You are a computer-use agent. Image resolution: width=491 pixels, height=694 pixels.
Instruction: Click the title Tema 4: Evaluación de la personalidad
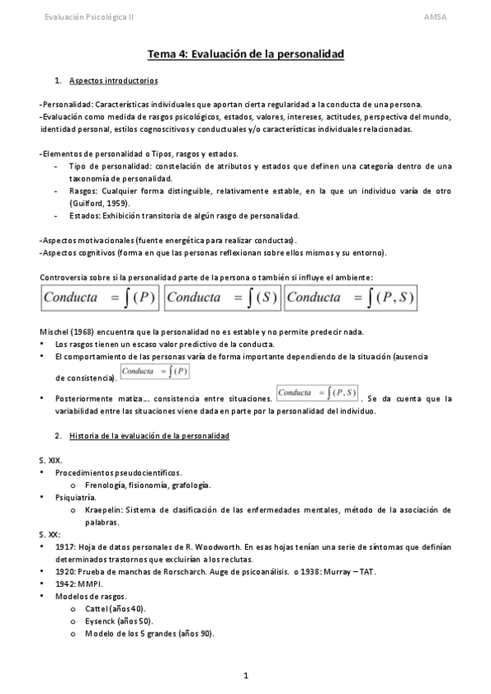[245, 54]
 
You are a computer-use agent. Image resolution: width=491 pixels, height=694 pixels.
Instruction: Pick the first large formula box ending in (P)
[99, 298]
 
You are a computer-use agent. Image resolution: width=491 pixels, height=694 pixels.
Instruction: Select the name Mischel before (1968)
[54, 331]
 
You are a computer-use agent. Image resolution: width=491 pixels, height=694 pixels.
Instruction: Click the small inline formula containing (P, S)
[317, 394]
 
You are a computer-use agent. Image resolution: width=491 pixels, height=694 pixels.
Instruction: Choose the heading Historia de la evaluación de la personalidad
[149, 435]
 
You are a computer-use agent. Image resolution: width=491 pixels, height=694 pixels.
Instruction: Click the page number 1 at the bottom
[245, 676]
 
